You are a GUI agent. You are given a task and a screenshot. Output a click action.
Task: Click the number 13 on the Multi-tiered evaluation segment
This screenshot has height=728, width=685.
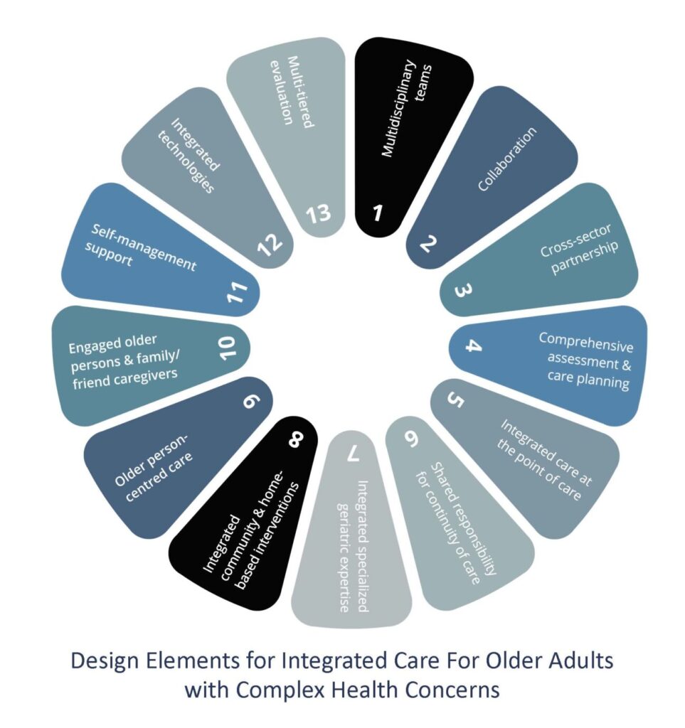(x=319, y=214)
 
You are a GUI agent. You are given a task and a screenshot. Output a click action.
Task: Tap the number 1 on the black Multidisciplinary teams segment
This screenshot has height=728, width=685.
(x=378, y=213)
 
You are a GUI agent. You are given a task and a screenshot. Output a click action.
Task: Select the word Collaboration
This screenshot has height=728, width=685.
(x=507, y=159)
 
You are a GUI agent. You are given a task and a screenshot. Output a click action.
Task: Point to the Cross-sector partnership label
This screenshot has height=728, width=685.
(x=579, y=249)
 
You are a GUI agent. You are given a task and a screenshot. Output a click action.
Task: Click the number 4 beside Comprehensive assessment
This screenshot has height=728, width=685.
(x=473, y=346)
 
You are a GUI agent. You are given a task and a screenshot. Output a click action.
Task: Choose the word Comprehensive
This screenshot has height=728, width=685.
(x=586, y=342)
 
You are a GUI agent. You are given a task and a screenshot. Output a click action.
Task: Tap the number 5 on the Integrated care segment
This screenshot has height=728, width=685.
(x=455, y=400)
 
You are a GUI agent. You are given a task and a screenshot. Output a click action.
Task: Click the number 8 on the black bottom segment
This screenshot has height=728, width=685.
(x=296, y=439)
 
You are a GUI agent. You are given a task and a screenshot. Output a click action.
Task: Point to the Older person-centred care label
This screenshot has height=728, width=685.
(x=153, y=468)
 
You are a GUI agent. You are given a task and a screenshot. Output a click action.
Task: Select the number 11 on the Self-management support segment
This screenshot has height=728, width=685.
(x=238, y=291)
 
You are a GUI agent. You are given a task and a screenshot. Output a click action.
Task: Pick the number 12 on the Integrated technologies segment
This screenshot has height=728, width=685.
(x=270, y=245)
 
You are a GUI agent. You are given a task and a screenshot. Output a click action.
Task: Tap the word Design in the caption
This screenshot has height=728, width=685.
(x=105, y=660)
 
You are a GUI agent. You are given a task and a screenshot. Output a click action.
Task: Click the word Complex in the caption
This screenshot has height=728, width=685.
(x=283, y=689)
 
